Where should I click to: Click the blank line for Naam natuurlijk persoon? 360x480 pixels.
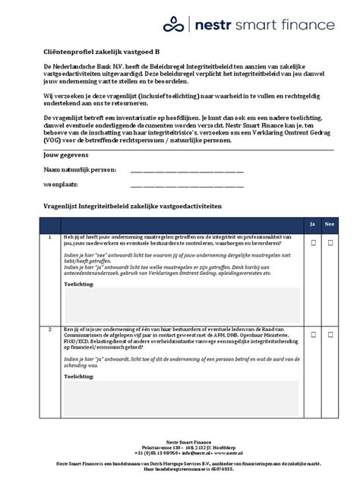[187, 171]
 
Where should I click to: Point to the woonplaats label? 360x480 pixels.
[60, 185]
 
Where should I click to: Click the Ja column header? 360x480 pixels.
[311, 225]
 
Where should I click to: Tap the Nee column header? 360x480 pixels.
[330, 225]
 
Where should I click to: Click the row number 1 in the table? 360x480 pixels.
[49, 238]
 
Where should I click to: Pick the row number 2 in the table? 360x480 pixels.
[49, 329]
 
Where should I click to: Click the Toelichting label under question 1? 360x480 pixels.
[81, 283]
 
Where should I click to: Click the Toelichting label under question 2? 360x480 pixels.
[81, 375]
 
